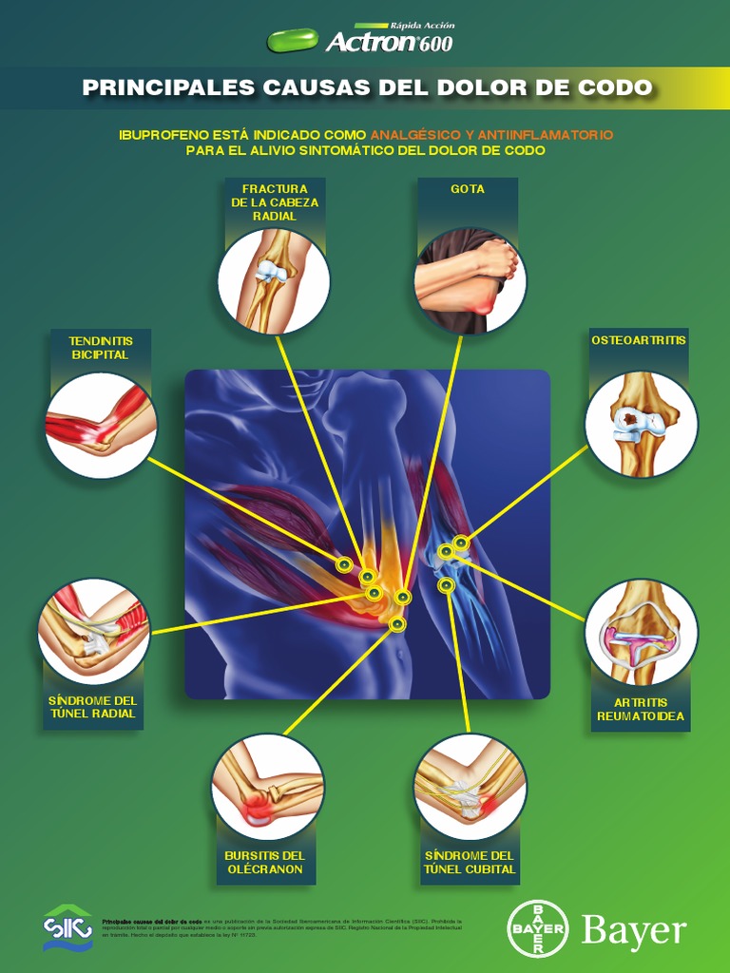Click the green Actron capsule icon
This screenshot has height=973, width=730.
click(x=294, y=40)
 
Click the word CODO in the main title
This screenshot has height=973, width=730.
click(x=616, y=88)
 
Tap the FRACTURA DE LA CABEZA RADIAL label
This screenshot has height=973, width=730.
click(x=275, y=202)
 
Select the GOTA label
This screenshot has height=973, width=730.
click(x=468, y=189)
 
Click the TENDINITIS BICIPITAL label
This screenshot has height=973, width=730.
click(x=100, y=348)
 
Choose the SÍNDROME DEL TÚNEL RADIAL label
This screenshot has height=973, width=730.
click(x=92, y=707)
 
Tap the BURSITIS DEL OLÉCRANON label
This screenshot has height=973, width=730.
click(x=264, y=863)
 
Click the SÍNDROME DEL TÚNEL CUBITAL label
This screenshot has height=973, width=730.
click(x=470, y=863)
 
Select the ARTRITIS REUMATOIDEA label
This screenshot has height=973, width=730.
click(x=641, y=709)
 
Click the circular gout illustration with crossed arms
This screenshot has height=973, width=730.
click(x=470, y=281)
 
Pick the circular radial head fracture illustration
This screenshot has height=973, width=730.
click(x=274, y=281)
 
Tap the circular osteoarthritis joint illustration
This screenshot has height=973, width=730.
click(x=641, y=424)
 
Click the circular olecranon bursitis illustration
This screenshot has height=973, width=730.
click(x=267, y=787)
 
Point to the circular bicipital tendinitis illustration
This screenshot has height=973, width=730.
click(x=101, y=425)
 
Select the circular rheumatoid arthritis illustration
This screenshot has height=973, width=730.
click(x=641, y=633)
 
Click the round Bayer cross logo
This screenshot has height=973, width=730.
click(x=538, y=928)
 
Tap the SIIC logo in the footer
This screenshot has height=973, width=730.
click(x=67, y=926)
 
